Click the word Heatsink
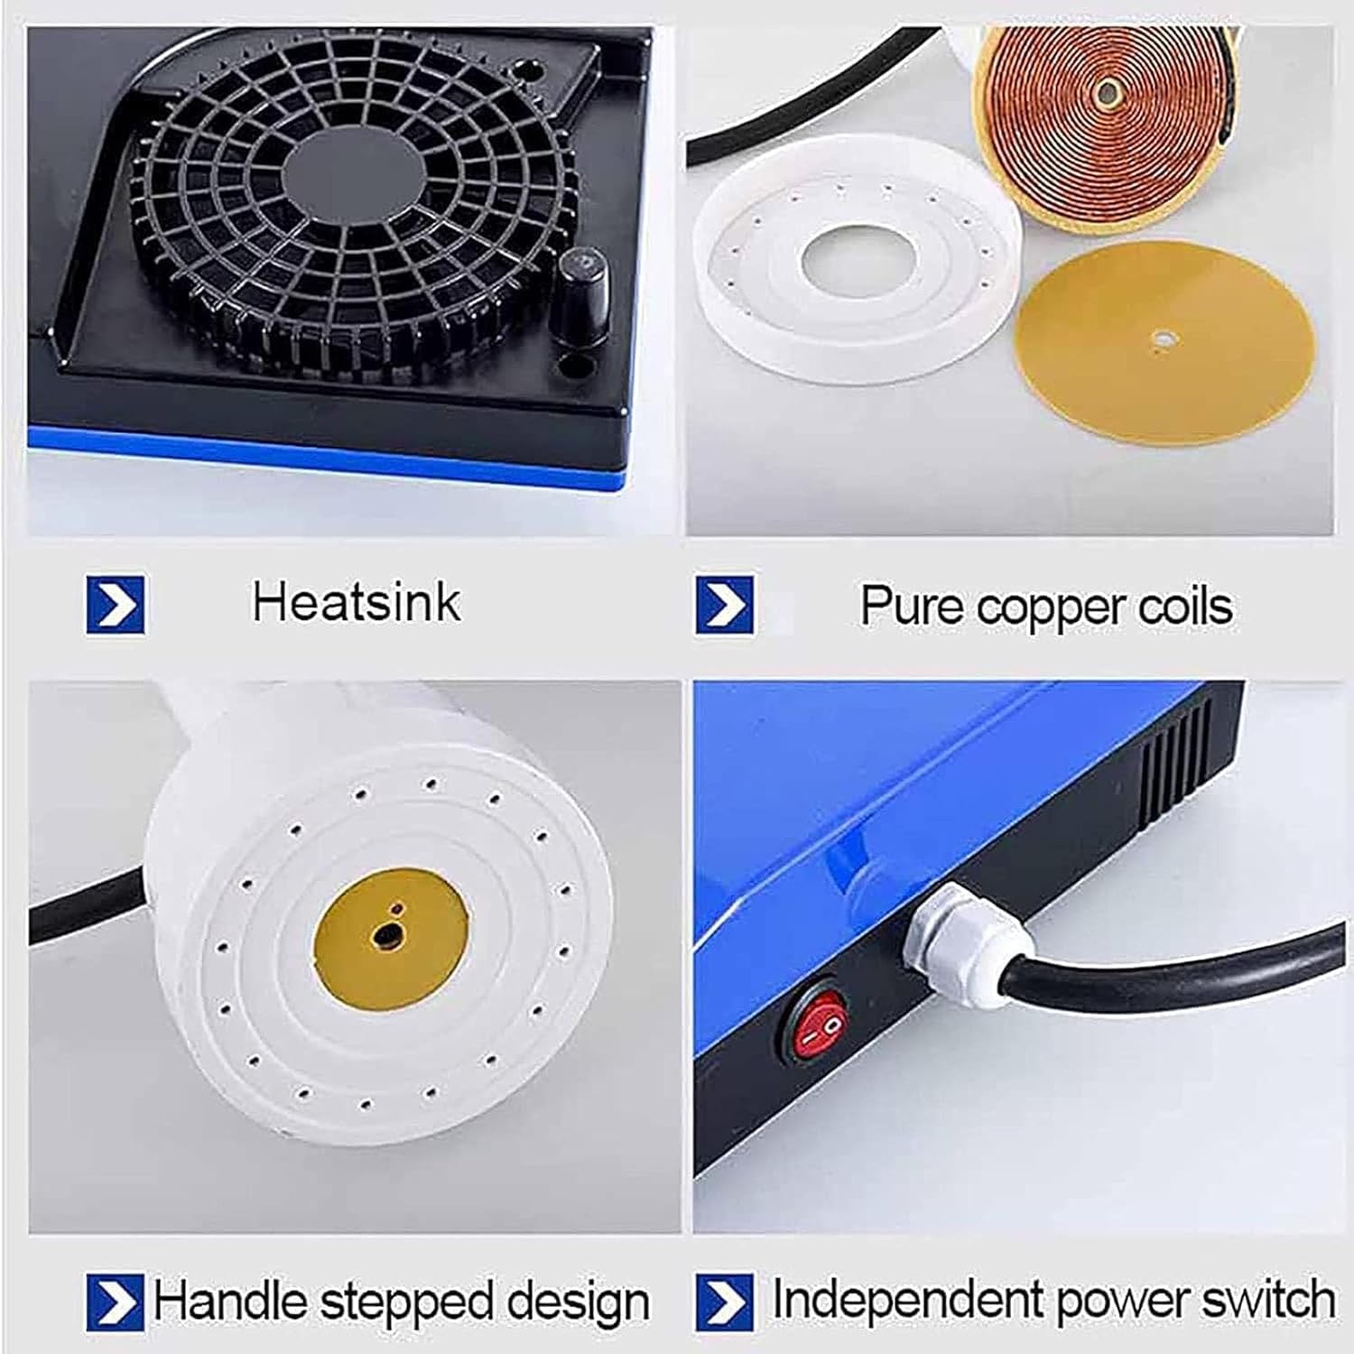point(356,602)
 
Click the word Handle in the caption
point(230,1302)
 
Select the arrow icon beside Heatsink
point(115,604)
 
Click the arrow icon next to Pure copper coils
point(724,606)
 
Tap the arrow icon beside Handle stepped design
point(115,1302)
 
